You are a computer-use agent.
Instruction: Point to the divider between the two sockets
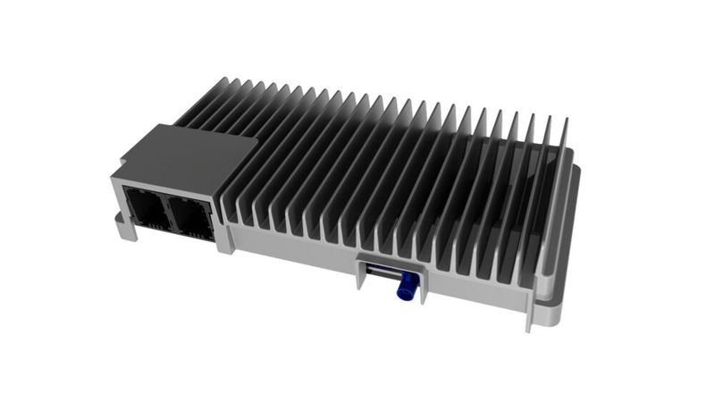click(x=167, y=214)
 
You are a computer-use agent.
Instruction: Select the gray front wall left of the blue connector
click(x=295, y=250)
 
